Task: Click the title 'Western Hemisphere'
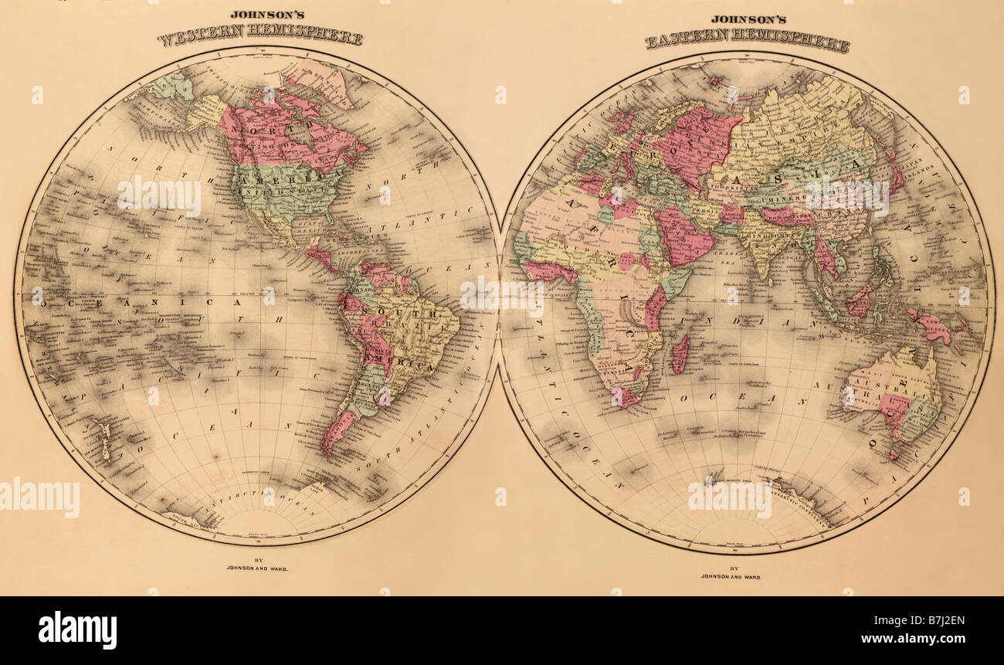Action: (x=259, y=35)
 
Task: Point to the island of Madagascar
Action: (x=680, y=355)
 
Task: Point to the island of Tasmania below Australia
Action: (x=894, y=453)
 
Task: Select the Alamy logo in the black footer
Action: (x=77, y=629)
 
